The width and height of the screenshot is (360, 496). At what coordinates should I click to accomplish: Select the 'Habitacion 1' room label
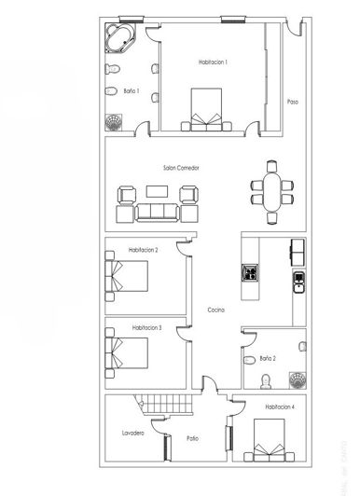(212, 62)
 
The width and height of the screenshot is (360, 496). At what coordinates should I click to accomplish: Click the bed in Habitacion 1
(206, 110)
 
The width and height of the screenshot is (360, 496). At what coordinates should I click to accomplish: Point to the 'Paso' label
(292, 102)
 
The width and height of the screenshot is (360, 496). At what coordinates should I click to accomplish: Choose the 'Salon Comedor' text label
(181, 168)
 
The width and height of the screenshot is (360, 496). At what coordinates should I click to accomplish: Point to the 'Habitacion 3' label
(147, 328)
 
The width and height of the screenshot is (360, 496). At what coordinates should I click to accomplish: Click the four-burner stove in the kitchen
(250, 273)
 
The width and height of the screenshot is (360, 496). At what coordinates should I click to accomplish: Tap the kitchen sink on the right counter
(298, 281)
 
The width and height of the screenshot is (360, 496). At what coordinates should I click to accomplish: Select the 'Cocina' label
(216, 310)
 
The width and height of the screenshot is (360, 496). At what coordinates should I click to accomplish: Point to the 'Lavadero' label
(132, 434)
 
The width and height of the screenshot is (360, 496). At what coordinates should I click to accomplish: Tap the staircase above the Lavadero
(162, 407)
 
